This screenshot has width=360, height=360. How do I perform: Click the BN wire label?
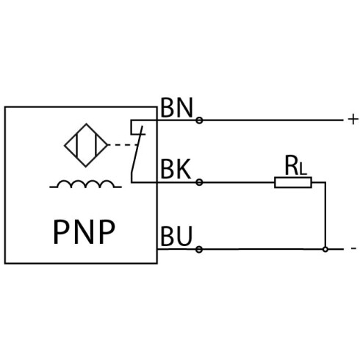(x=176, y=108)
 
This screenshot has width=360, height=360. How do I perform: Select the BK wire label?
(x=176, y=169)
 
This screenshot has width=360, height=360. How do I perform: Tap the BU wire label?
(x=176, y=236)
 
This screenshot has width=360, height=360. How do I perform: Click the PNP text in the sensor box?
(x=84, y=231)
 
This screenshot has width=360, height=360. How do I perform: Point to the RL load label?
(x=295, y=165)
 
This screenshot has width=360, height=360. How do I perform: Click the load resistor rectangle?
(x=293, y=182)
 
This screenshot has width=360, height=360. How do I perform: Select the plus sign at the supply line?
(x=353, y=120)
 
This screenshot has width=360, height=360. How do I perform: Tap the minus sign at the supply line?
(x=353, y=248)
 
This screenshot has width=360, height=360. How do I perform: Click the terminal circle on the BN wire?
(x=199, y=120)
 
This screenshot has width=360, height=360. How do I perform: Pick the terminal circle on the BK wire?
(x=199, y=182)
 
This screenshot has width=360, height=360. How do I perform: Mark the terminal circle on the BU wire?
(x=199, y=250)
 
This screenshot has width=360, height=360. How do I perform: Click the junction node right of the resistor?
(x=325, y=249)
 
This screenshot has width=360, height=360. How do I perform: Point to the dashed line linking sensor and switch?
(x=123, y=145)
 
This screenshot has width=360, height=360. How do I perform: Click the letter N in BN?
(x=184, y=108)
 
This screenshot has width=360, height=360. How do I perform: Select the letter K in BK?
(x=183, y=169)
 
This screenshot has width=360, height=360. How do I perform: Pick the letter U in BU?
(x=184, y=236)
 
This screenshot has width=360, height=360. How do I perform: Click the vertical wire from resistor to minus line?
(x=325, y=215)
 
